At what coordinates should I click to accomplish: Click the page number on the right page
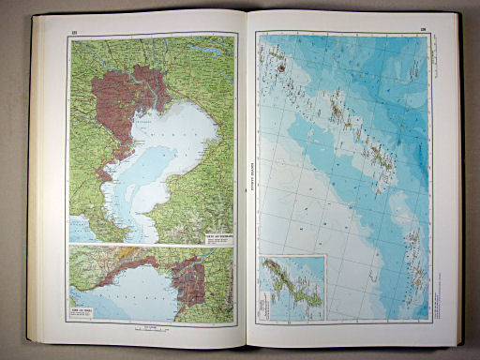click(423, 29)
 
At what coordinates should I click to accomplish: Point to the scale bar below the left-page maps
click(150, 329)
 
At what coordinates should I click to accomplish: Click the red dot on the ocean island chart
click(279, 67)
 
